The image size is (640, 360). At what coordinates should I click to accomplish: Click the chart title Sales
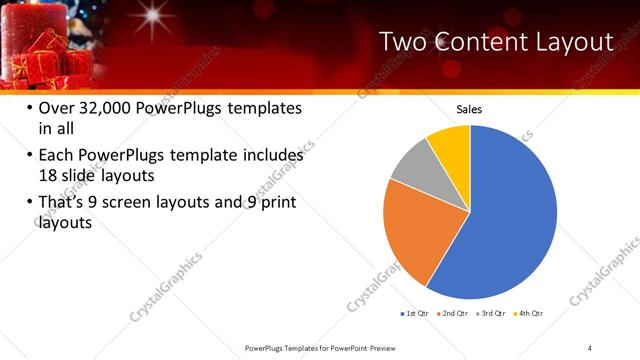pyautogui.click(x=470, y=108)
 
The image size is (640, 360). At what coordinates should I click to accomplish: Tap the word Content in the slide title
pyautogui.click(x=470, y=41)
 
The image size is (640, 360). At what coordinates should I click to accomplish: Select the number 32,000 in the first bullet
pyautogui.click(x=111, y=108)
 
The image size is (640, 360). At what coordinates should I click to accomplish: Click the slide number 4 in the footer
pyautogui.click(x=590, y=347)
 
